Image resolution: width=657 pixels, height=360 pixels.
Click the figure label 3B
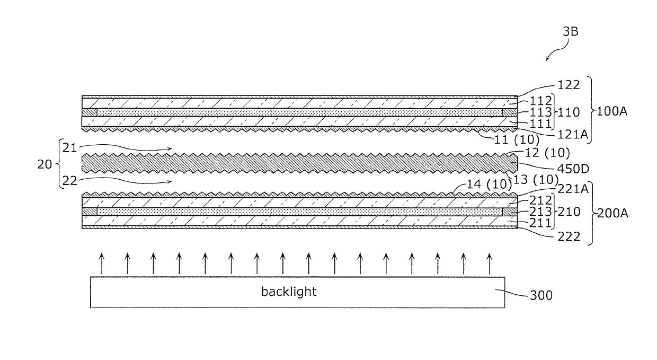pos(571,32)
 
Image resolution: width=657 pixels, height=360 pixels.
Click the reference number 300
pos(541,295)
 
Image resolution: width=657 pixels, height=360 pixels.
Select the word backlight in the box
pos(289,292)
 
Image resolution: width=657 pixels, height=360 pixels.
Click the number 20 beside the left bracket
pos(46,164)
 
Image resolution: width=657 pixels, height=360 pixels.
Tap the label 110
pos(569,112)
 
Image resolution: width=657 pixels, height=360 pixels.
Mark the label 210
pos(569,212)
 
